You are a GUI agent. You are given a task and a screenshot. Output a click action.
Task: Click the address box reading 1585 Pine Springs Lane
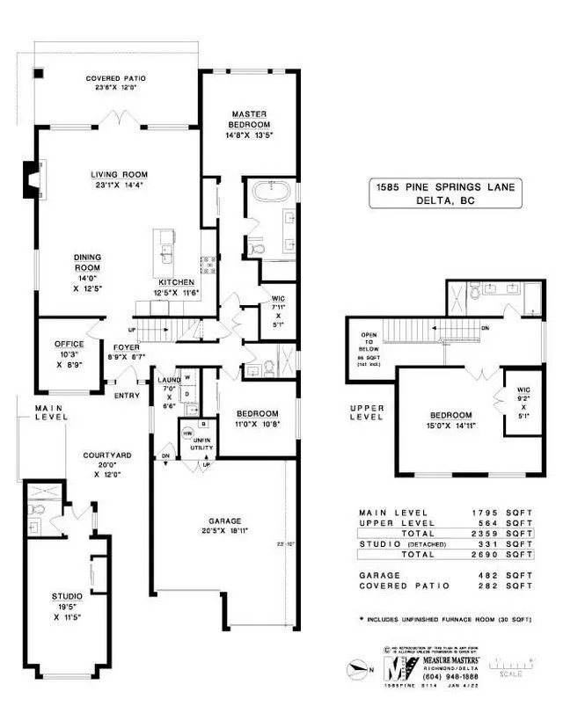[444, 193]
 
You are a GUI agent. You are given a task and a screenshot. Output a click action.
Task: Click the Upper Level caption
[368, 412]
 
